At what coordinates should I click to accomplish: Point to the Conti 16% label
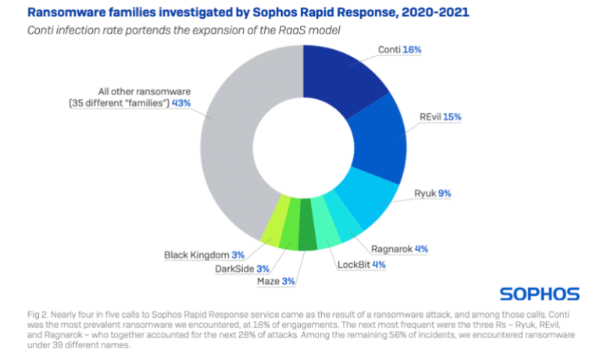[x=401, y=49]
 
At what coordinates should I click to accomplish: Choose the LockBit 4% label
[x=361, y=264]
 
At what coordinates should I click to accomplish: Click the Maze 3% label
[x=276, y=281]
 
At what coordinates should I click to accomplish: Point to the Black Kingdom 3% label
[x=205, y=255]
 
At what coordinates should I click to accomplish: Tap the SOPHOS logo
[x=539, y=294]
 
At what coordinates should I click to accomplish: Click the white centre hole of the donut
[x=304, y=148]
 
